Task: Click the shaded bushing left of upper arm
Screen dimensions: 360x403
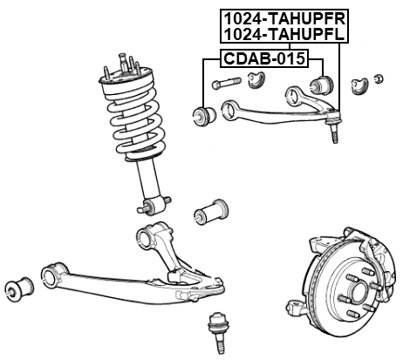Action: pyautogui.click(x=204, y=114)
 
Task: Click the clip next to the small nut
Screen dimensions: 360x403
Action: pyautogui.click(x=358, y=85)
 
